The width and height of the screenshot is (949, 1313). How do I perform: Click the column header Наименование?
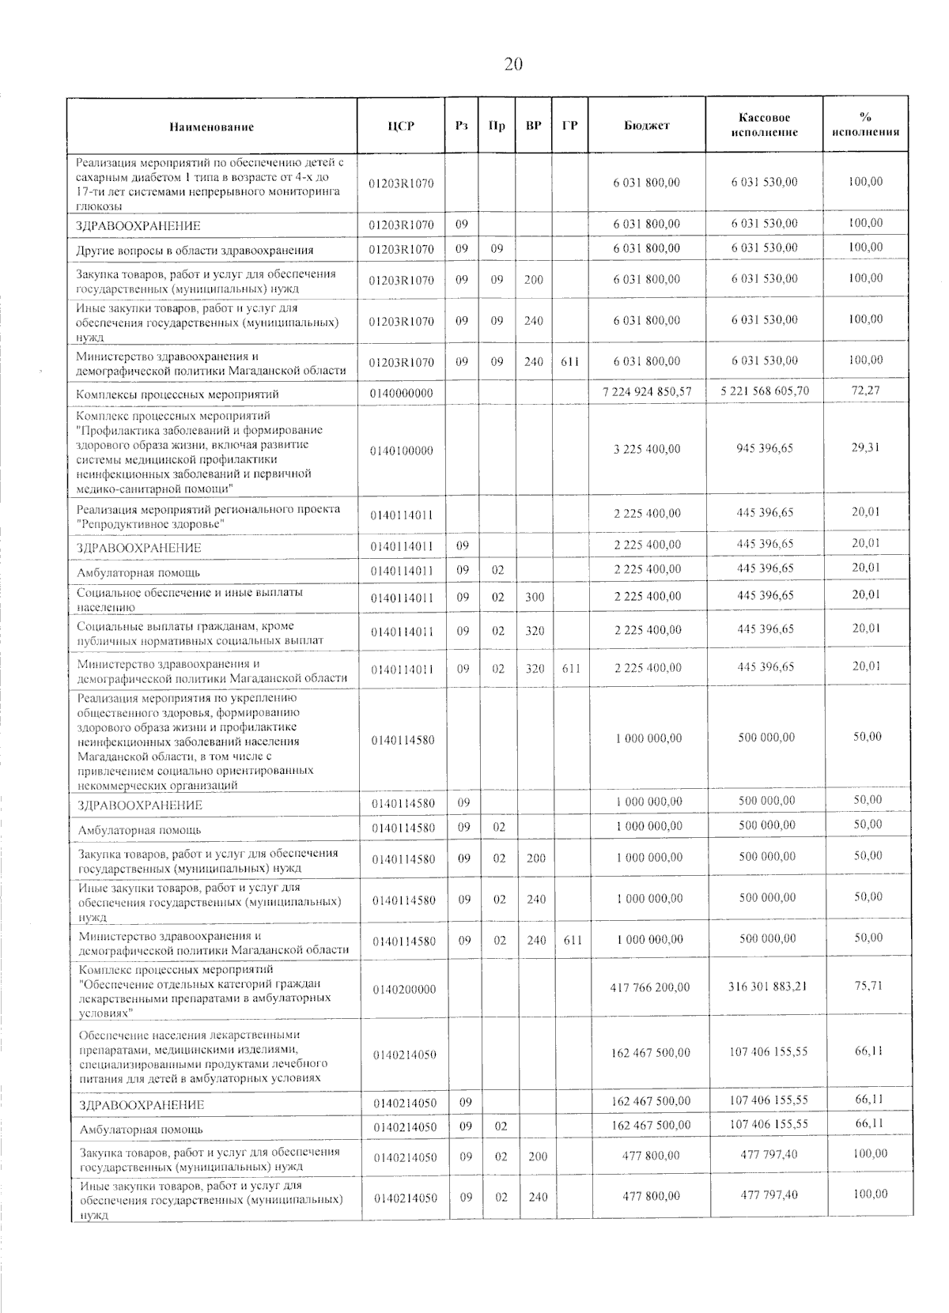point(211,126)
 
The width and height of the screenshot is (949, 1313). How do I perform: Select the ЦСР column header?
point(401,126)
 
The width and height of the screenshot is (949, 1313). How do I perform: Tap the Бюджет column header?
point(646,126)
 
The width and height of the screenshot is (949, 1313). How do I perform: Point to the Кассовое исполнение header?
point(764,126)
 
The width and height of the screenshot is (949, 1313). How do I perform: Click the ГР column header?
point(569,126)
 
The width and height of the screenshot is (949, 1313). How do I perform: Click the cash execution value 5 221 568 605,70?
point(765,391)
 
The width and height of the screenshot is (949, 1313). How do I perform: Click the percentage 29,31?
point(866,447)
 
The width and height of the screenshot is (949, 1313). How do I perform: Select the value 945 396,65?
point(765,448)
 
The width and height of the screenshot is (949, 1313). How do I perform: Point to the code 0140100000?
point(402,451)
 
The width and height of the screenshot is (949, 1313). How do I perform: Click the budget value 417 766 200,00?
point(650,987)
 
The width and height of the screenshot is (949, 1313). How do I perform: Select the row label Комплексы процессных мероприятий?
point(177,394)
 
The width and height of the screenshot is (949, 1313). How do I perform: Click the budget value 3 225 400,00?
point(647,449)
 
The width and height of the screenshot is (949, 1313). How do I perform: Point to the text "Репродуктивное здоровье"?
point(150,524)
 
